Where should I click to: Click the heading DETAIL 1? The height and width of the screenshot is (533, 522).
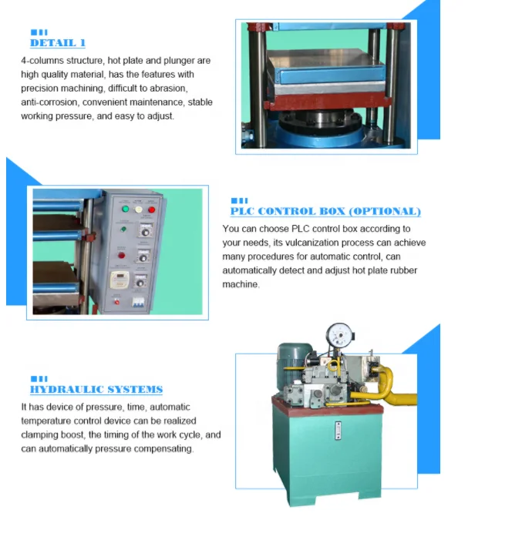pos(58,43)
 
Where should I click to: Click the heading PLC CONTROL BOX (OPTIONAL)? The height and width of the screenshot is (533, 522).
pos(325,211)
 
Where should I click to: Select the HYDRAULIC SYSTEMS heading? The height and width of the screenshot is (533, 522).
pos(96,390)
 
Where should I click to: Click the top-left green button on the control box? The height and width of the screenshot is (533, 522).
pos(125,209)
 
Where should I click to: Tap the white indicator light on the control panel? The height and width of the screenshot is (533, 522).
pos(139,209)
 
